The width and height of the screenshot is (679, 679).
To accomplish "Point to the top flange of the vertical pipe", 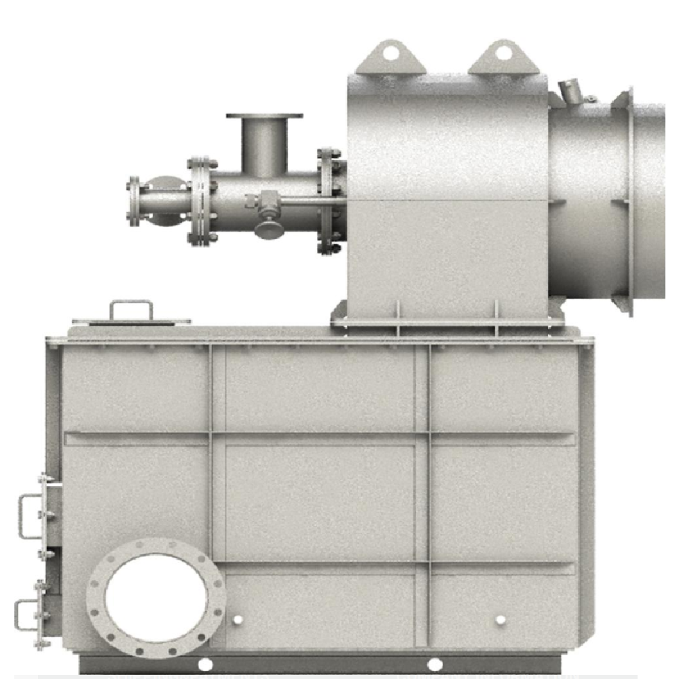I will pyautogui.click(x=265, y=117).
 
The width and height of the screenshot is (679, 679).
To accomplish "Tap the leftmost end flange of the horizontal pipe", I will pyautogui.click(x=134, y=201).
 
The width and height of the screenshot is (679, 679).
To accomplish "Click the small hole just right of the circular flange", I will pyautogui.click(x=237, y=620).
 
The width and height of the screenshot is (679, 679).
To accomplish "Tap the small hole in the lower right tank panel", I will pyautogui.click(x=500, y=620).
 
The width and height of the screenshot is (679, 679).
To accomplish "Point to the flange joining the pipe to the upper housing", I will pyautogui.click(x=328, y=201).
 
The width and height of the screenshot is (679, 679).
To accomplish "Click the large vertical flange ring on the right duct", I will pyautogui.click(x=623, y=201).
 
